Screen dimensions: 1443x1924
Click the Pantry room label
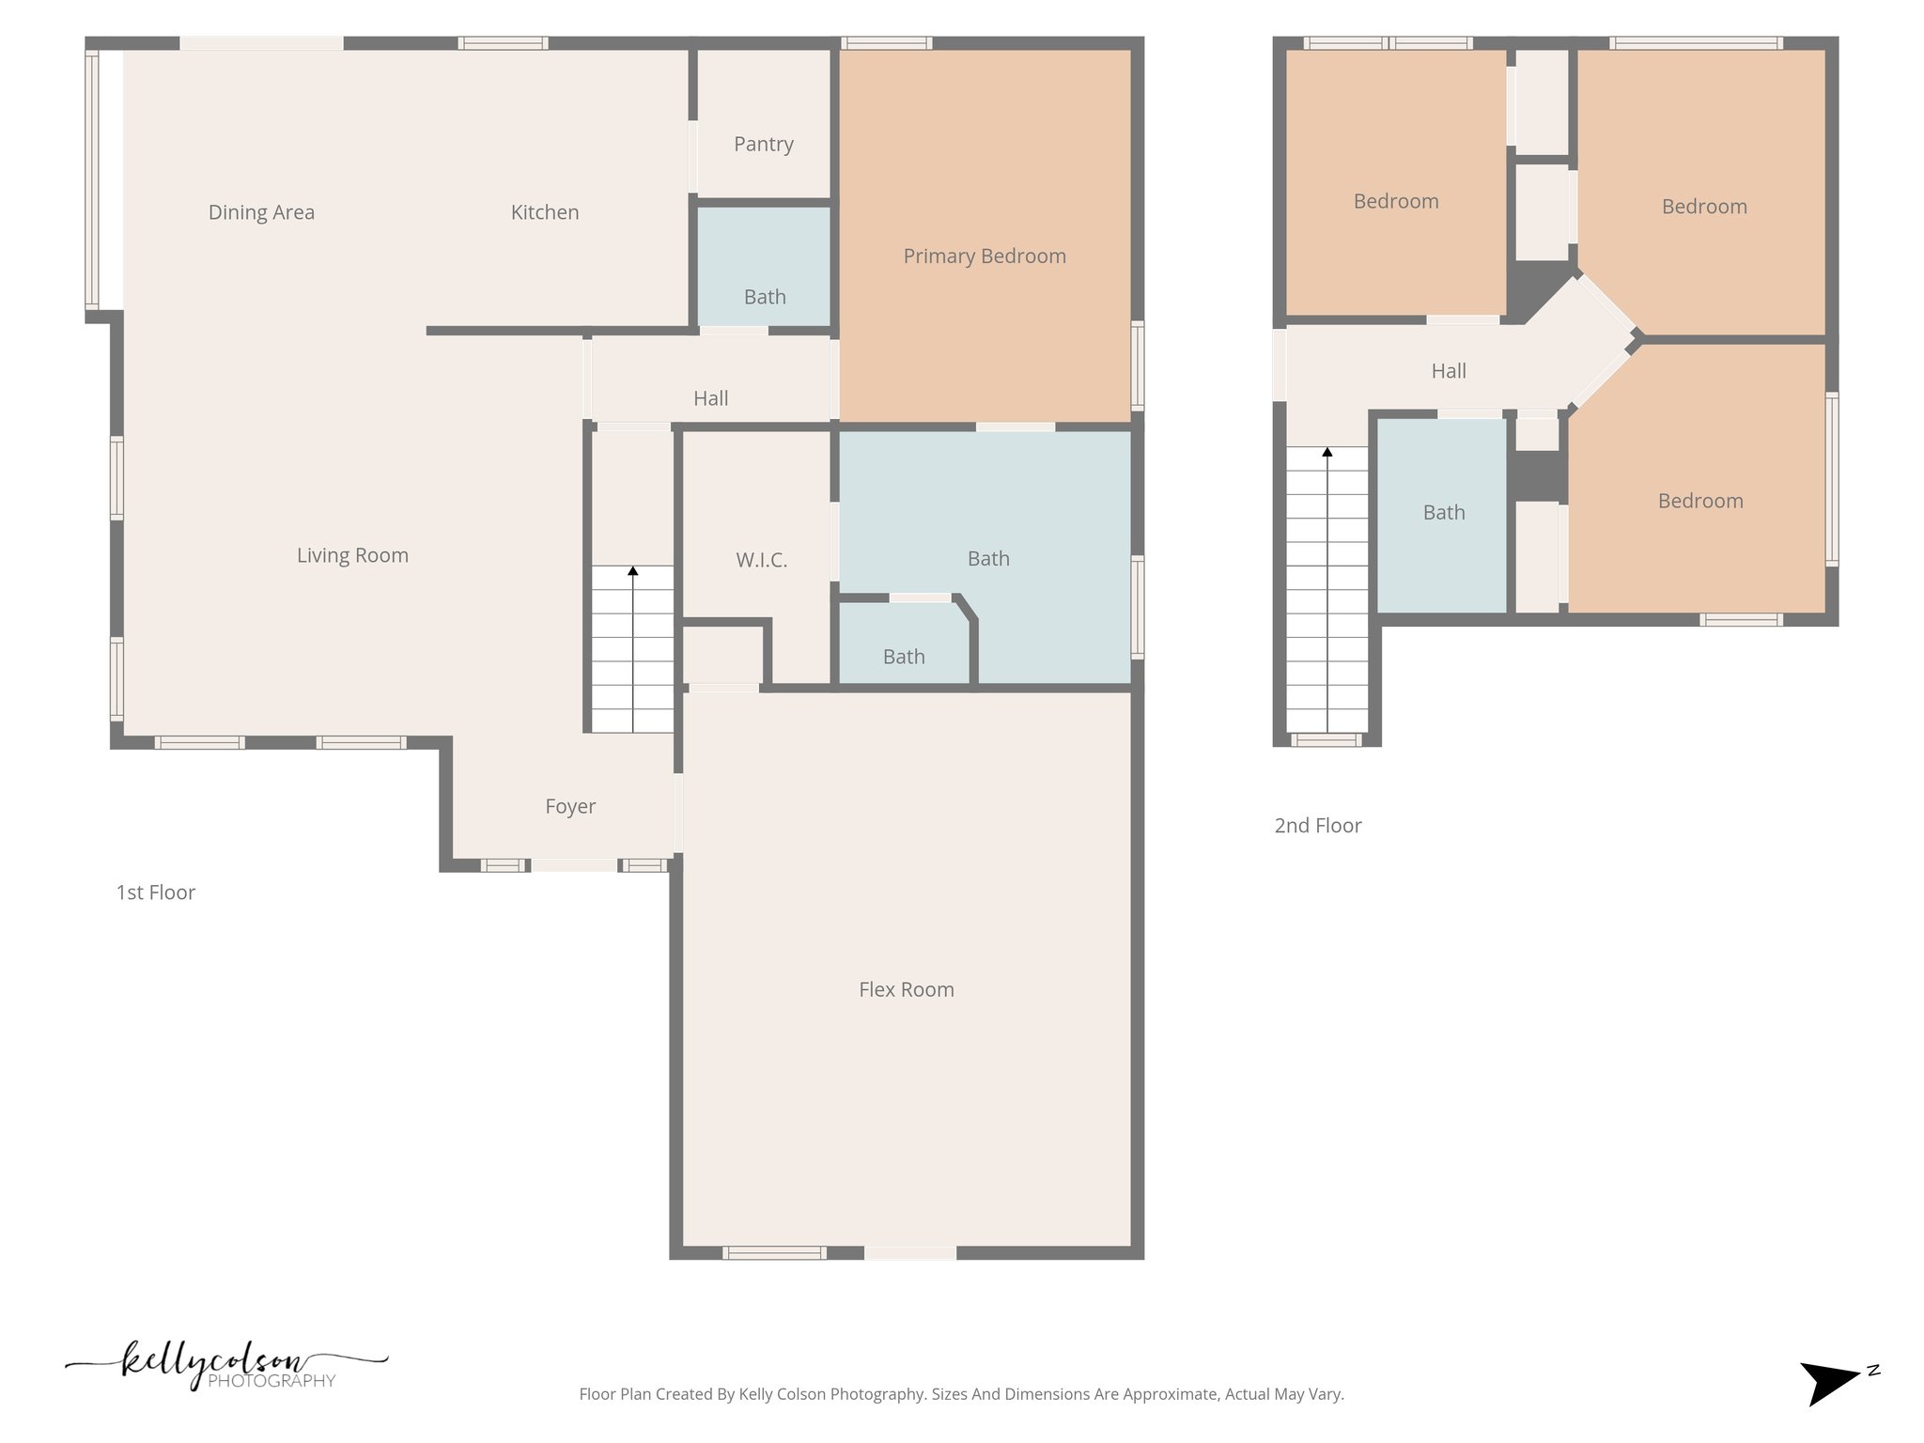coord(763,144)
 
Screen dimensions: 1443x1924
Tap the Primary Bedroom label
coord(984,256)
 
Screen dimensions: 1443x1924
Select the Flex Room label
coord(906,989)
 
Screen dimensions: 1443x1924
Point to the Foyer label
coord(570,806)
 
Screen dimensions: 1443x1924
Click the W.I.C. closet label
coord(761,560)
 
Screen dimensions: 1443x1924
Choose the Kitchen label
coord(544,212)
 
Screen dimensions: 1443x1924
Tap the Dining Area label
coord(261,212)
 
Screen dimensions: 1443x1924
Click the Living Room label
coord(352,555)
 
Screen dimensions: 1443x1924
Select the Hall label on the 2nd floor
coord(1448,371)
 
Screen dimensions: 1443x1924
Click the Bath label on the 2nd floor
coord(1443,512)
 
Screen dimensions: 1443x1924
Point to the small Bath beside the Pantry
coord(764,297)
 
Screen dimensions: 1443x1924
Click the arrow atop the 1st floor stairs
coord(632,570)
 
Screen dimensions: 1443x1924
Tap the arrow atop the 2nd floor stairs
coord(1327,452)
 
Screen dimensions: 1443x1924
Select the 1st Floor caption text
coord(155,892)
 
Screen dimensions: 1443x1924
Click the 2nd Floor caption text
coord(1317,826)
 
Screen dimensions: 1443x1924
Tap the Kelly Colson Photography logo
coord(225,1365)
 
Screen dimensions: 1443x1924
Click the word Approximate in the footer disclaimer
coord(1165,1394)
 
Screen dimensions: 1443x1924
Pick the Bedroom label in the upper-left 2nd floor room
coord(1395,201)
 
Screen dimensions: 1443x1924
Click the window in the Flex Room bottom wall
coord(774,1252)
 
